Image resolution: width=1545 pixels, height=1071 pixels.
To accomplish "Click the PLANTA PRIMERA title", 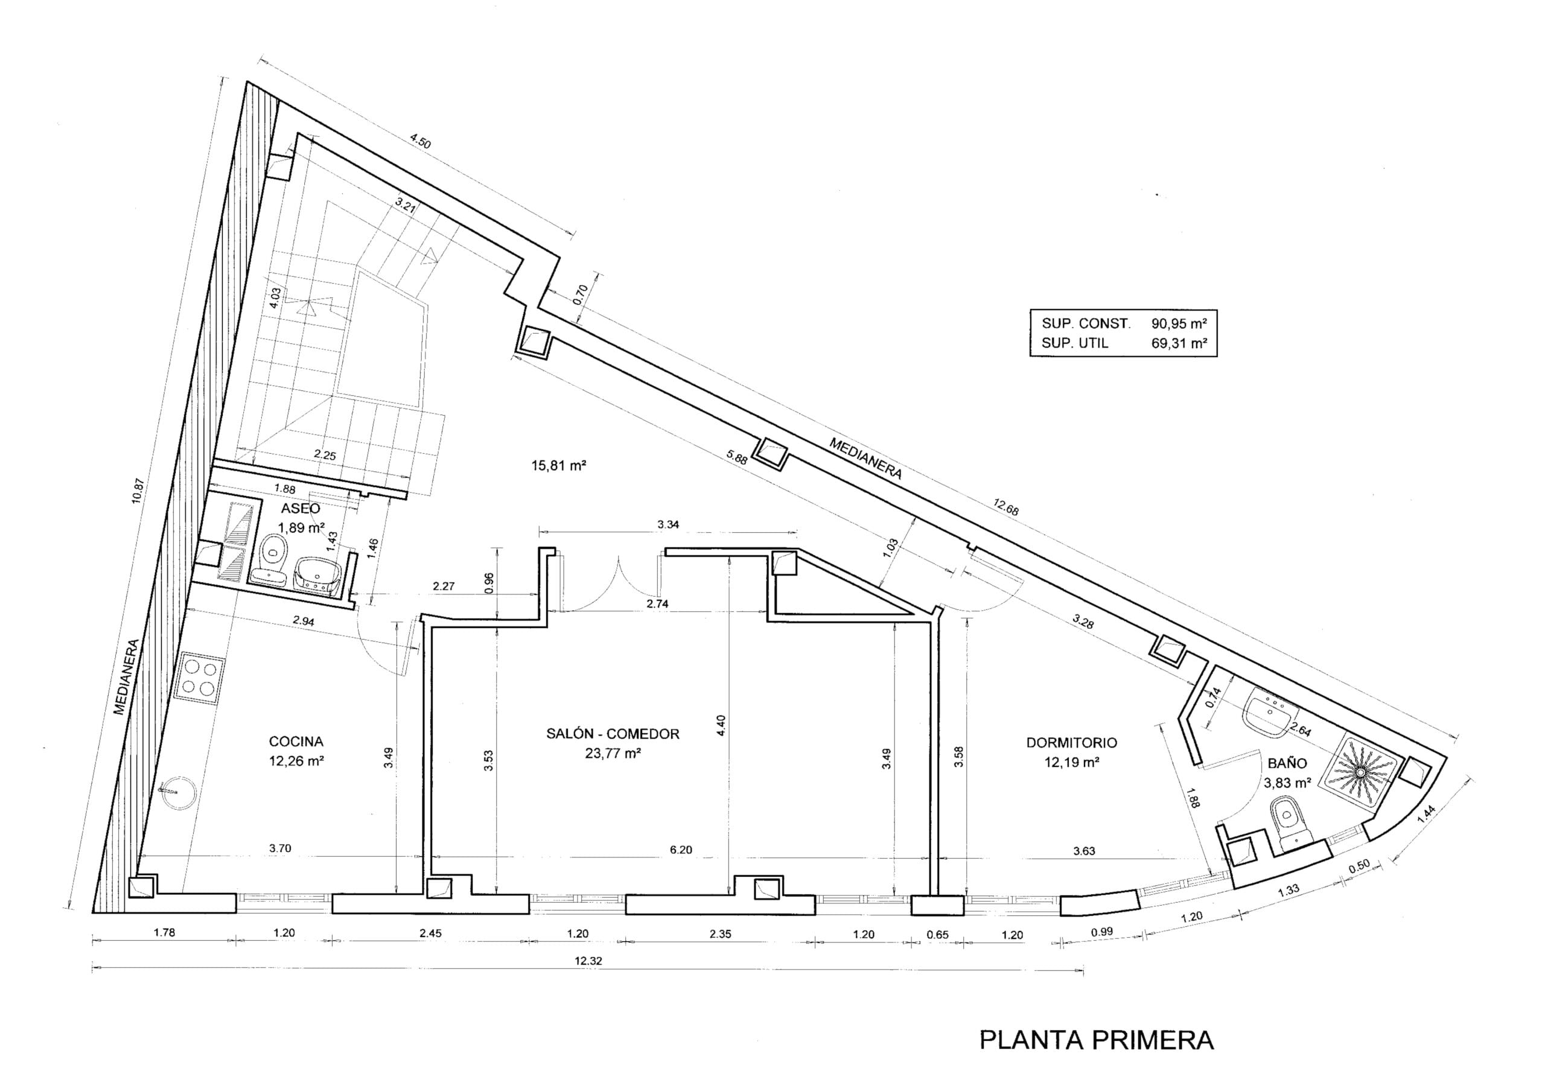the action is (1096, 1040).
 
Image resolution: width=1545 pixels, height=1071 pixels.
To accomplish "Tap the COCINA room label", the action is (296, 742).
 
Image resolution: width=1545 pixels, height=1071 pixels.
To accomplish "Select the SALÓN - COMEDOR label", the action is (613, 734).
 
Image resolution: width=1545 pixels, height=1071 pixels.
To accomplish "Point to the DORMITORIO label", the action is (1071, 743).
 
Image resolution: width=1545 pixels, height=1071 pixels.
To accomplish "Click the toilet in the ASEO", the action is (273, 548).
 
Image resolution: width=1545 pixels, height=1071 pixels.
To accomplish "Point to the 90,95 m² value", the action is (1179, 323).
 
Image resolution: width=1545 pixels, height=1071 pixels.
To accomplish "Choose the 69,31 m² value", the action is (1179, 343).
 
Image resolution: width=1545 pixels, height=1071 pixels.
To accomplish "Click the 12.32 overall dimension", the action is (588, 960).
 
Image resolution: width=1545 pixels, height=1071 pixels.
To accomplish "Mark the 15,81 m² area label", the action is (559, 465).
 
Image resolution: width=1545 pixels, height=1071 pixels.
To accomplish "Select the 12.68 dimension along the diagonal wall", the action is (1006, 507).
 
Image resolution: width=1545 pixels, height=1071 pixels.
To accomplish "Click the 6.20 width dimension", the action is (681, 850).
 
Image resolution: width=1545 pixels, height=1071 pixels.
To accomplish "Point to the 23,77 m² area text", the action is (613, 753).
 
